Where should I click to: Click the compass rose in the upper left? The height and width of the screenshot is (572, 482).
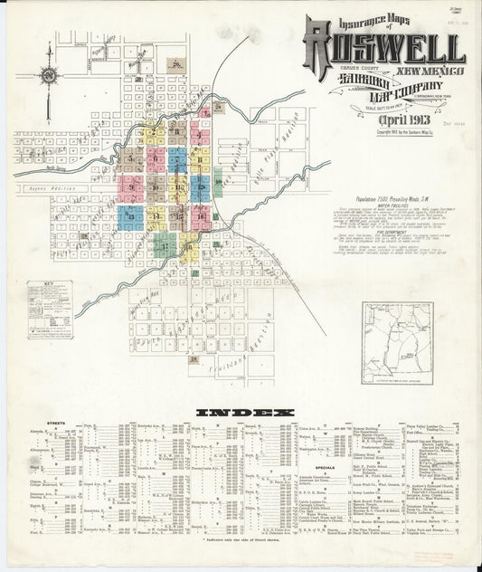tap(49, 75)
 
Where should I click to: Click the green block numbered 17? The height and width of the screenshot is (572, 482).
tap(164, 244)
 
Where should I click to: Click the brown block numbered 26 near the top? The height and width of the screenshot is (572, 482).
tap(178, 63)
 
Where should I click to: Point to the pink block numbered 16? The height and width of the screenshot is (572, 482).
tap(201, 216)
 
